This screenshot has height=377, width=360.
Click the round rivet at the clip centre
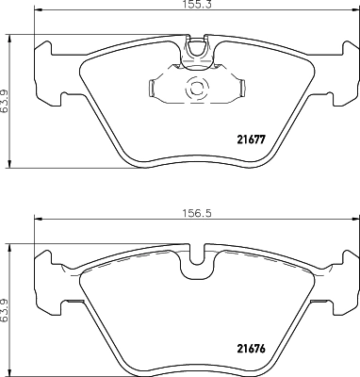[x=197, y=90]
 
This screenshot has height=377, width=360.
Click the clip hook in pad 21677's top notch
[x=197, y=48]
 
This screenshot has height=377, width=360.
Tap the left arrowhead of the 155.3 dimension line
[x=39, y=13]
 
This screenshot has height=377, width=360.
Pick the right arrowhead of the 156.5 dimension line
[x=354, y=221]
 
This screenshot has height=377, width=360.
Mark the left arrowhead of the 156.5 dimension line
[x=38, y=221]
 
